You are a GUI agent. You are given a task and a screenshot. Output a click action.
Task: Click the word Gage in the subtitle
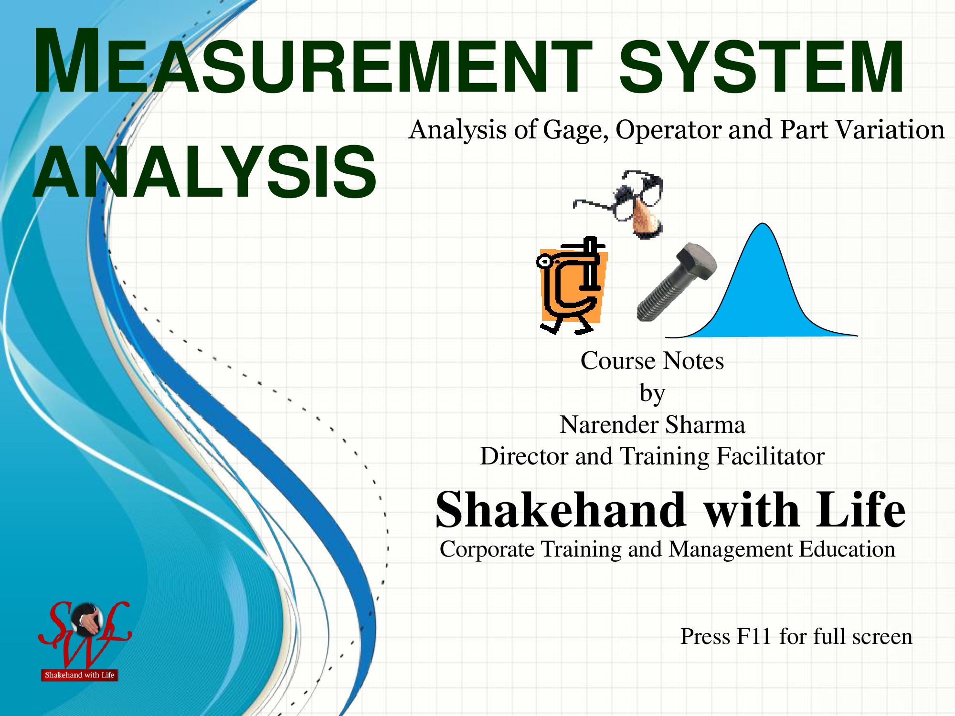tap(575, 130)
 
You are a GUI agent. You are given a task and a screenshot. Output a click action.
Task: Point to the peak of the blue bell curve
tap(763, 223)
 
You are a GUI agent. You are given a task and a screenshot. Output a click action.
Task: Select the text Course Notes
tap(652, 360)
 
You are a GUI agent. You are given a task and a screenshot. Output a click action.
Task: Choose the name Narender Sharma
tap(652, 424)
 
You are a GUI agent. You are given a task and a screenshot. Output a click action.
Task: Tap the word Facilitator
tap(770, 456)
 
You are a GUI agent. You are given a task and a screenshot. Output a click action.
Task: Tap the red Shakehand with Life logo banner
tap(80, 675)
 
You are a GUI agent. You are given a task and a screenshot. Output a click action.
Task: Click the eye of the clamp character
tap(543, 262)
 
